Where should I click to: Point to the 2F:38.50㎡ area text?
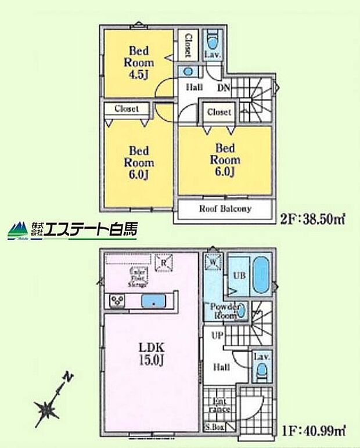pos(314,221)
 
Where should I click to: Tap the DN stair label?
pos(223,88)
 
